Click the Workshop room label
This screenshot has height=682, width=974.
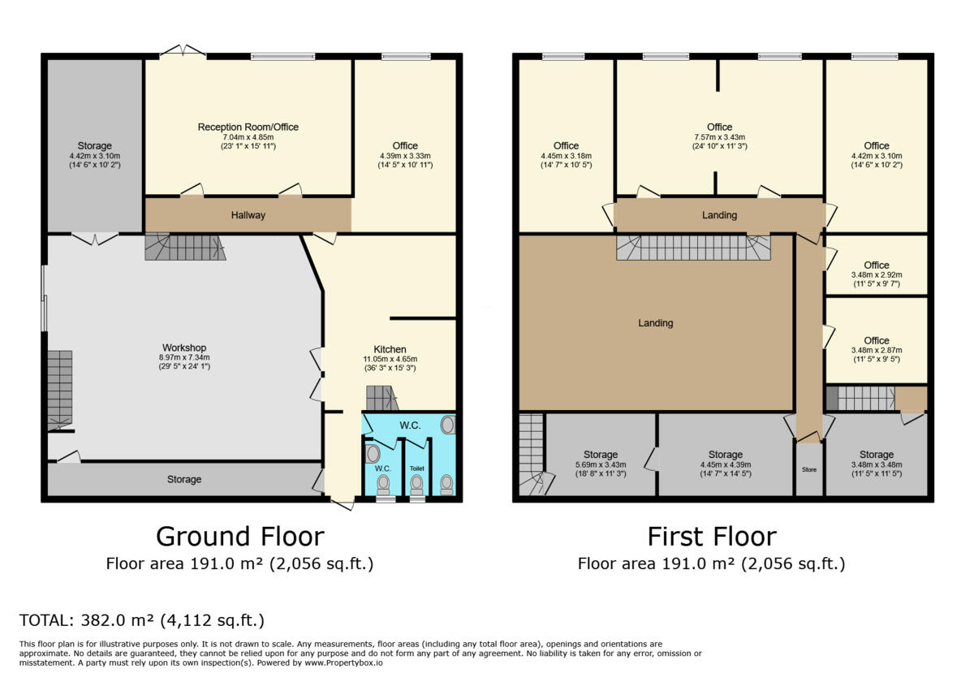184,347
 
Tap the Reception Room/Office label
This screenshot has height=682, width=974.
248,127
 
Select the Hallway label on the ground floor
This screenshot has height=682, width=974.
248,215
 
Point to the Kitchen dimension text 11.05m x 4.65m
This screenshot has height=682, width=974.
390,359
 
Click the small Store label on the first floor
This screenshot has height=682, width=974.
809,470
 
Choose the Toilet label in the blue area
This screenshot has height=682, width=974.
417,468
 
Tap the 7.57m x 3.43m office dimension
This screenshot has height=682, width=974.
720,137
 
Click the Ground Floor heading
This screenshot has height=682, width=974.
240,537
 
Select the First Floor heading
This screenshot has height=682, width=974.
712,537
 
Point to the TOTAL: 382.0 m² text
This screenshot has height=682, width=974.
87,620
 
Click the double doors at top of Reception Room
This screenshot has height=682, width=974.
183,50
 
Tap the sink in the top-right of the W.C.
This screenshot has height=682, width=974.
447,425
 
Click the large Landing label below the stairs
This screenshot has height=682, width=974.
656,323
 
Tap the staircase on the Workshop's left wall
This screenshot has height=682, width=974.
60,391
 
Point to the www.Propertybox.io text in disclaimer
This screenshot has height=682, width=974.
343,663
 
